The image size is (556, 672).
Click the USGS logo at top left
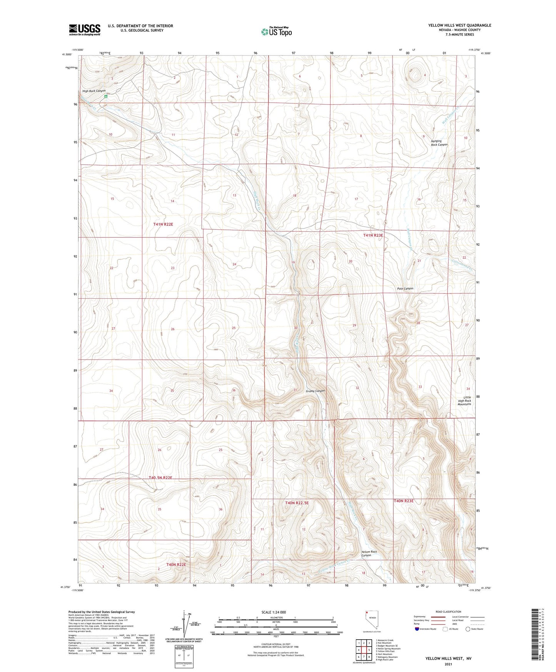pos(85,30)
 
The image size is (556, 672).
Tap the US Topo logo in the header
pos(276,32)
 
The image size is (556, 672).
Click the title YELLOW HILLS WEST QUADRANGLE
pos(459,25)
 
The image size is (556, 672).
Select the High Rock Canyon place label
pos(94,91)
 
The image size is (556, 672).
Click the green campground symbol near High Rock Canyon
pos(107,97)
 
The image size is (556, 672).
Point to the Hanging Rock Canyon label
pos(439,143)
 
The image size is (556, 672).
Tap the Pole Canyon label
pos(405,288)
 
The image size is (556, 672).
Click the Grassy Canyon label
pos(315,391)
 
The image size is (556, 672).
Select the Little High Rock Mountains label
pos(464,401)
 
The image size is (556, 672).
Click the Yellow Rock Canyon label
pos(369,553)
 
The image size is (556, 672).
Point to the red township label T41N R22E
pos(163,224)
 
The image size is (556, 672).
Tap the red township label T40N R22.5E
pos(297,503)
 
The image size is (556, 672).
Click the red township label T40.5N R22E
pos(160,478)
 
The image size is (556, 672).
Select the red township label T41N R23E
pos(373,235)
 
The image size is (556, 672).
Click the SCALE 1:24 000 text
pos(274,612)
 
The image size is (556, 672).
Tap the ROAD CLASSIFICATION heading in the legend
pos(448,612)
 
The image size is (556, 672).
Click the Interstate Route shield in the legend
pos(417,629)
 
